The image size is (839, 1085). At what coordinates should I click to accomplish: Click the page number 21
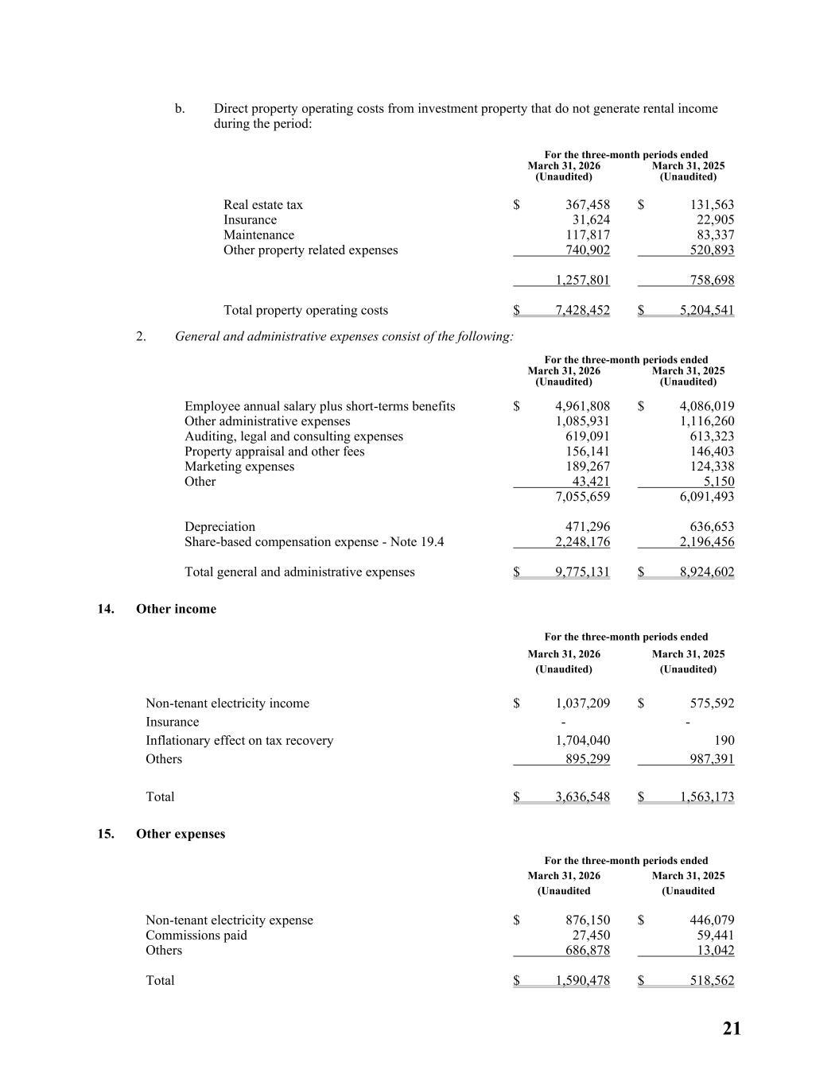(732, 1029)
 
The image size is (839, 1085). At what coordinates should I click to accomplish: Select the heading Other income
(176, 609)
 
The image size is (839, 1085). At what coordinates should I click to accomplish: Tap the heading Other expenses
(181, 834)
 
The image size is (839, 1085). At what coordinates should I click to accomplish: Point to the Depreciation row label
(220, 527)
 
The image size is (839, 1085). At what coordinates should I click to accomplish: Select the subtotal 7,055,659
(582, 497)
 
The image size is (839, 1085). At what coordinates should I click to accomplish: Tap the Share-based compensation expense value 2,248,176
(582, 542)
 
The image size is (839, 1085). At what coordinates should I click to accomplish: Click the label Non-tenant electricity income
(227, 703)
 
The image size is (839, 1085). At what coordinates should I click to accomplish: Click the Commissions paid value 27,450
(591, 936)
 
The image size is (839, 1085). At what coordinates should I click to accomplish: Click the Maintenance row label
(258, 235)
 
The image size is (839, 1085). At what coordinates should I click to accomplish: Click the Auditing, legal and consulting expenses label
(293, 436)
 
